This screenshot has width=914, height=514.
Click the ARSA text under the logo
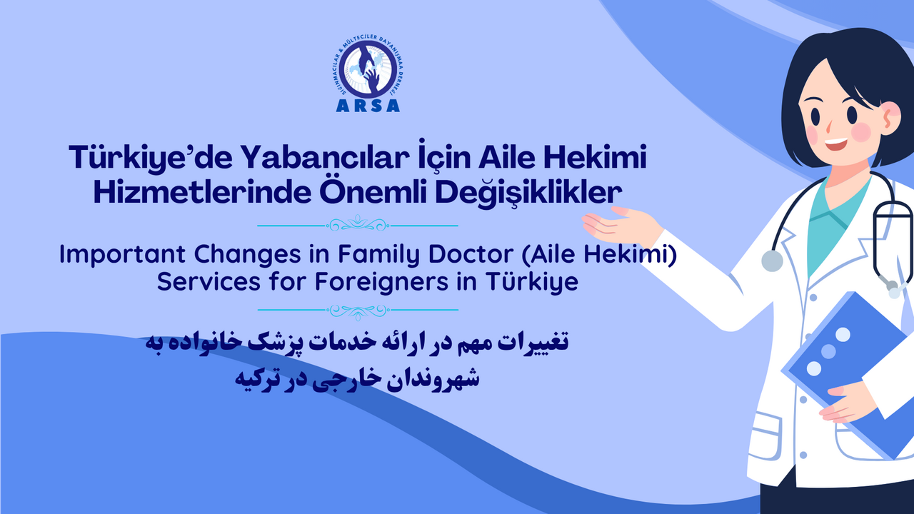368,106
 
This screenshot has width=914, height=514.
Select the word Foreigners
381,282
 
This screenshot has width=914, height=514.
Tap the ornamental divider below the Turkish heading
358,224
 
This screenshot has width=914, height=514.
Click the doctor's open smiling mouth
835,143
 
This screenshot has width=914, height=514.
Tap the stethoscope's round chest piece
772,261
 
